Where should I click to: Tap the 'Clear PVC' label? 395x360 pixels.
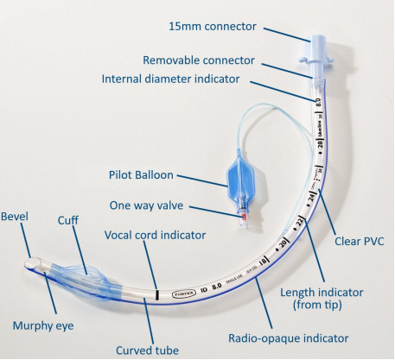tap(359, 242)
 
